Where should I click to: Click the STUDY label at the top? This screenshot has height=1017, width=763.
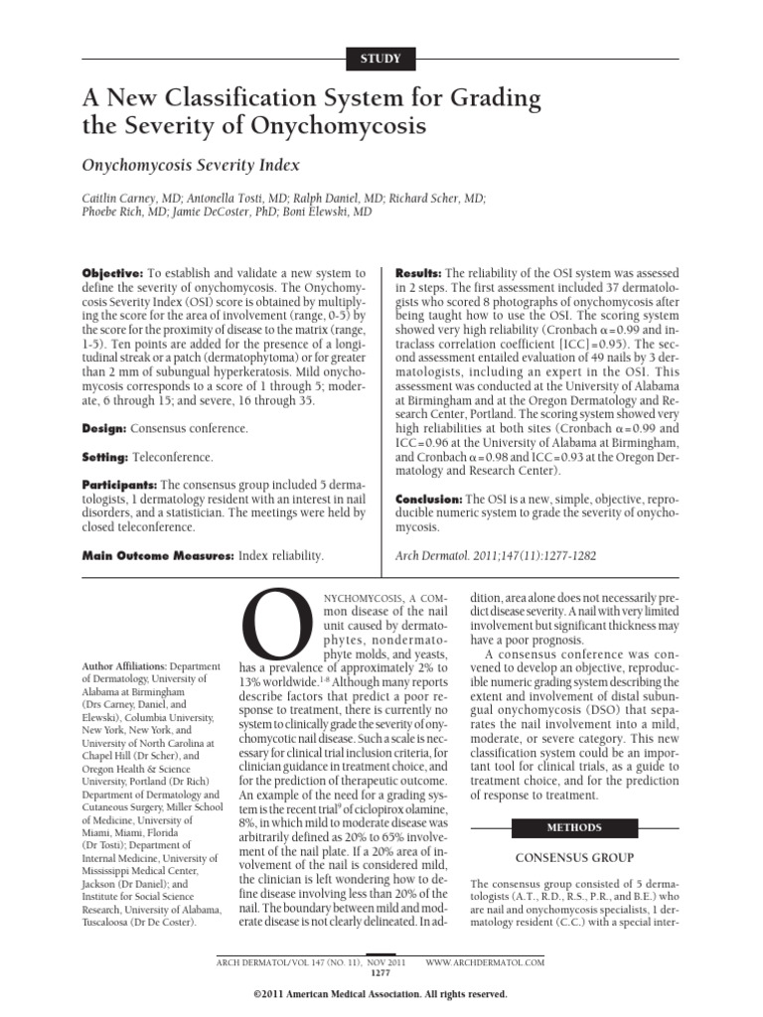click(381, 59)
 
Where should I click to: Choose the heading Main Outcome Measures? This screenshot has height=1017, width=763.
click(157, 557)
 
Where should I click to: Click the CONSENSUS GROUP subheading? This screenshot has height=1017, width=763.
click(573, 856)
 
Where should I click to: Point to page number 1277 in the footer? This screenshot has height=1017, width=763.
click(381, 973)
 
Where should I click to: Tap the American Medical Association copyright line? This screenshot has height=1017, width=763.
click(381, 994)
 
